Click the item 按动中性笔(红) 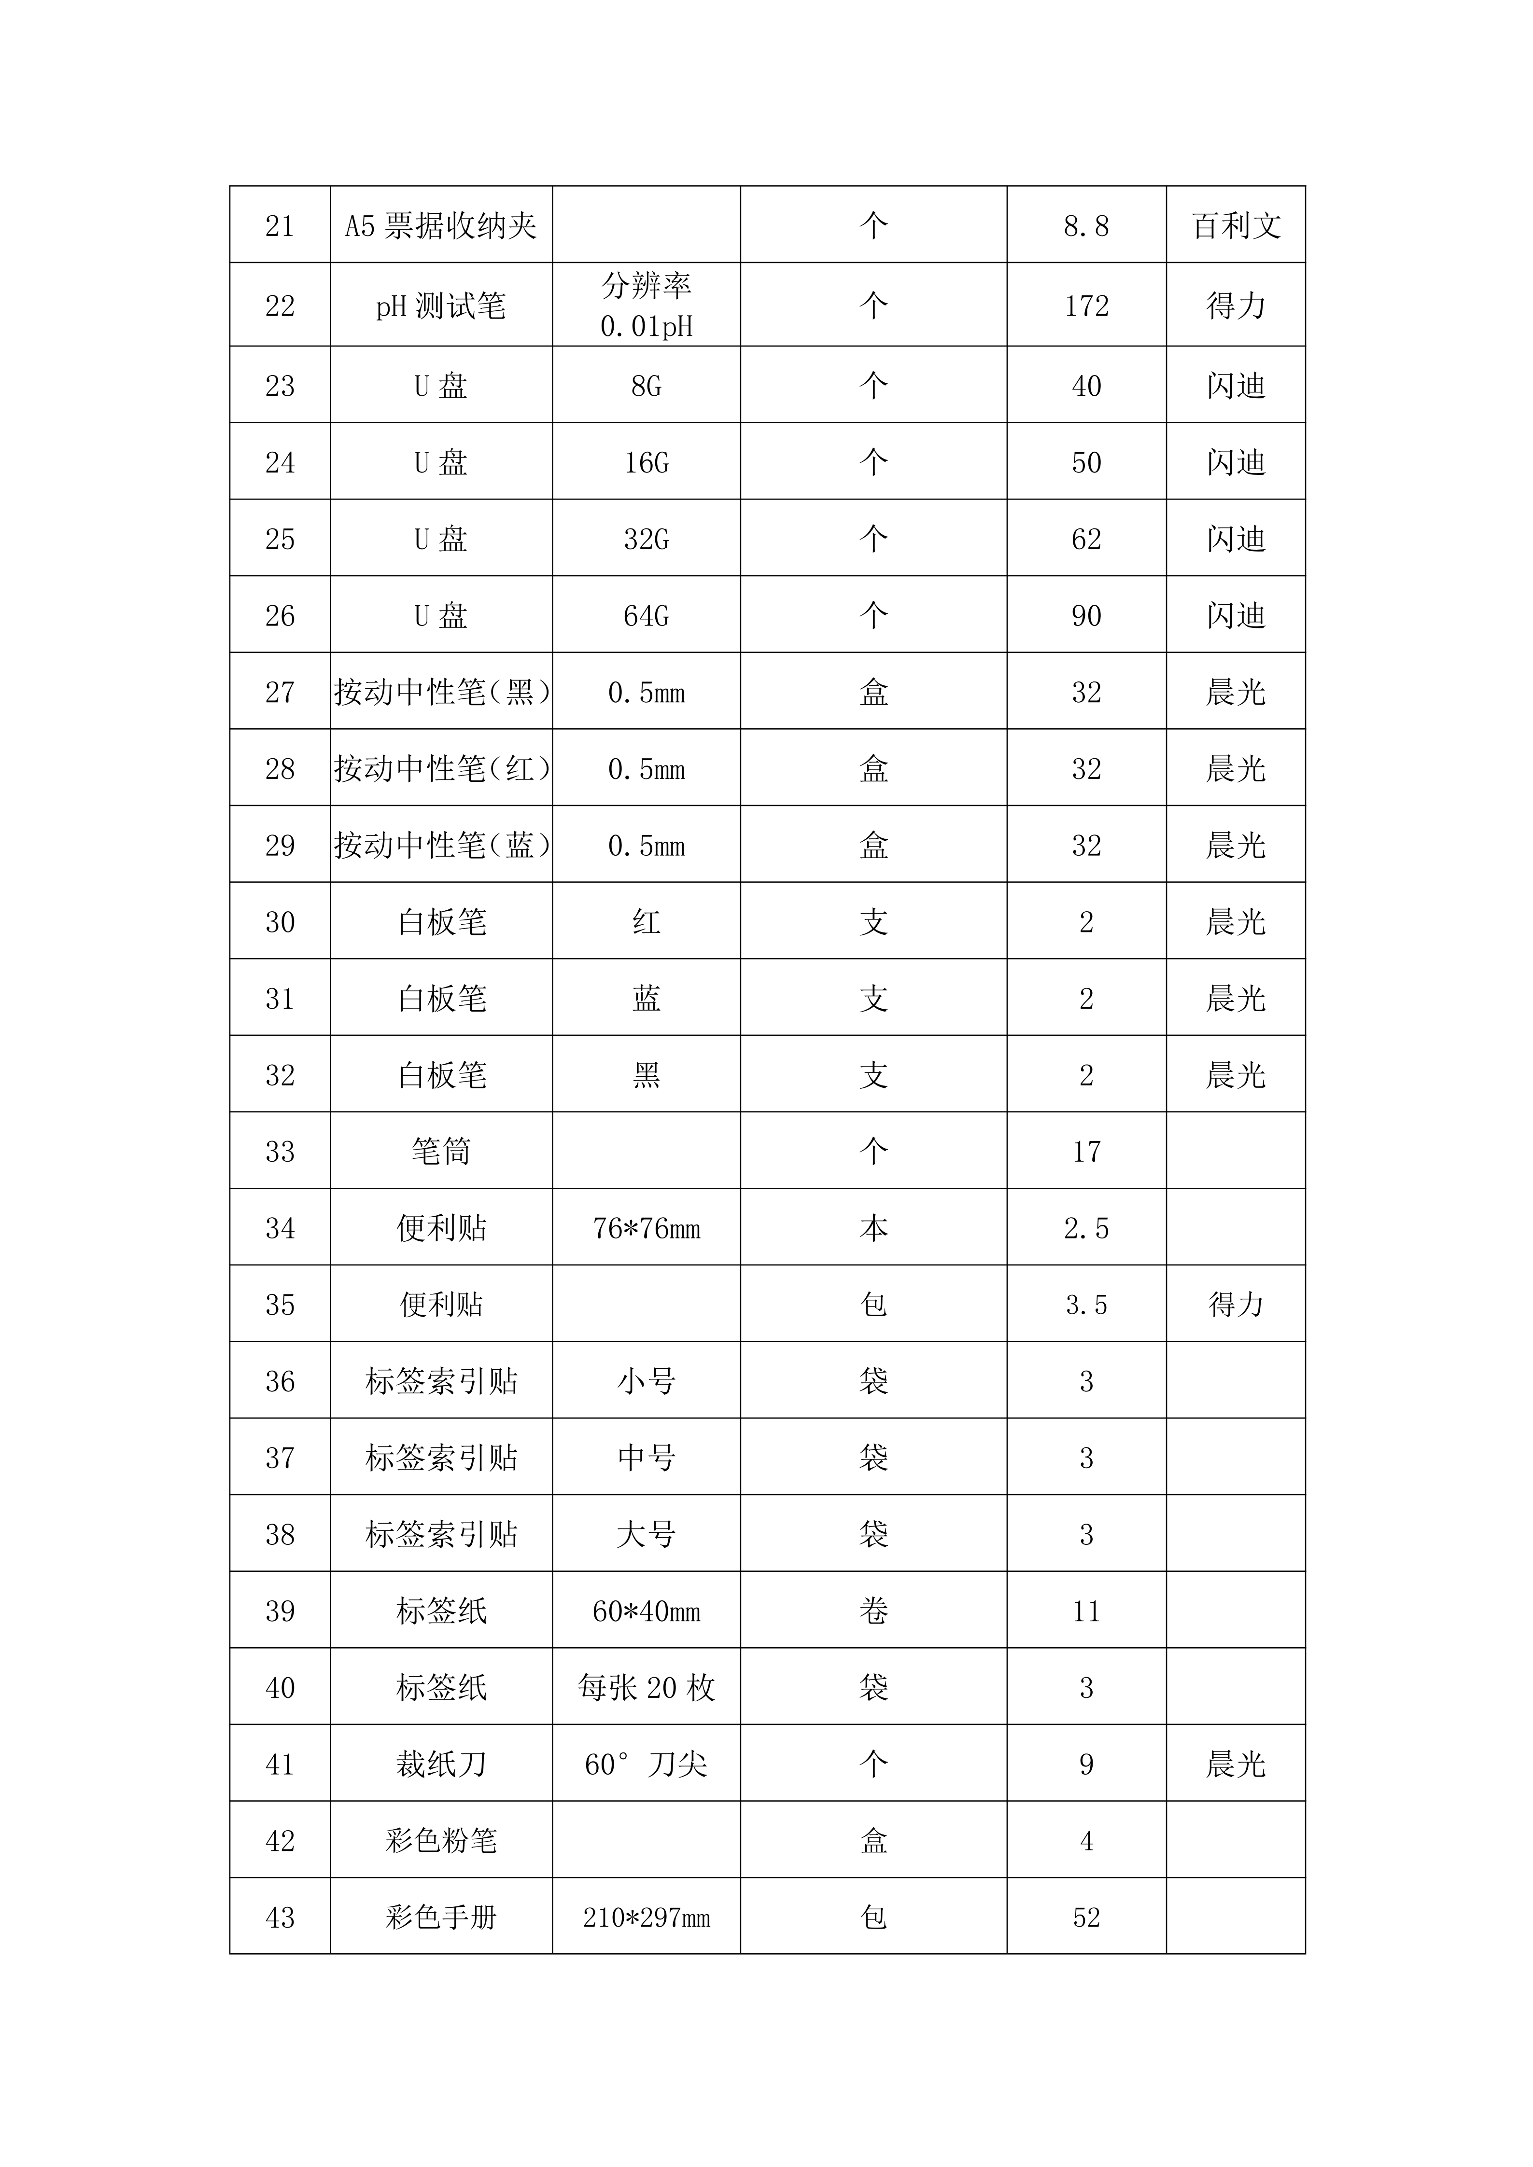point(441,769)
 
